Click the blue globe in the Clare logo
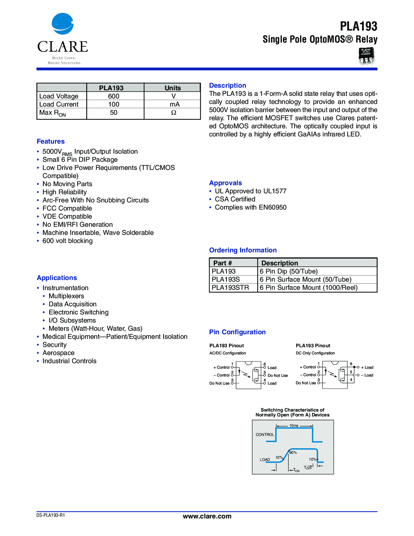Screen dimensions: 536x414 pyautogui.click(x=62, y=24)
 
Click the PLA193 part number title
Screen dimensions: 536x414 pyautogui.click(x=358, y=26)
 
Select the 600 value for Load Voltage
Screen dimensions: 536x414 pyautogui.click(x=114, y=96)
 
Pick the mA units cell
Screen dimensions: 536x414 pyautogui.click(x=174, y=104)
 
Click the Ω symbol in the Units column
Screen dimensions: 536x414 pyautogui.click(x=174, y=112)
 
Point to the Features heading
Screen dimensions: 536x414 pyautogui.click(x=51, y=141)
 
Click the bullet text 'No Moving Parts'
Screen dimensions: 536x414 pyautogui.click(x=67, y=184)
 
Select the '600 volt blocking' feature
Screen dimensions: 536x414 pyautogui.click(x=68, y=241)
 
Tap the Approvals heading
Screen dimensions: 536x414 pyautogui.click(x=225, y=183)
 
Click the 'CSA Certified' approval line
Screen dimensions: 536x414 pyautogui.click(x=235, y=199)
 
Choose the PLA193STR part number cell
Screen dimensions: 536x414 pyautogui.click(x=230, y=287)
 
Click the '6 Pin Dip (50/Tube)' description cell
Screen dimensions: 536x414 pyautogui.click(x=289, y=271)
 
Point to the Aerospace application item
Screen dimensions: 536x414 pyautogui.click(x=58, y=353)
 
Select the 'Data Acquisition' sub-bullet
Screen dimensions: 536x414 pyautogui.click(x=72, y=304)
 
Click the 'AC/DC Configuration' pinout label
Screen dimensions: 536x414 pyautogui.click(x=228, y=353)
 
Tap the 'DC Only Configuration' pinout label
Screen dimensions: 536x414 pyautogui.click(x=315, y=353)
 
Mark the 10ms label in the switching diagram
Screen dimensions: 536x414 pyautogui.click(x=294, y=426)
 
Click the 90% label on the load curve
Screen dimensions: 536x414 pyautogui.click(x=293, y=453)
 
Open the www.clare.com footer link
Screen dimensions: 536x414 pyautogui.click(x=207, y=516)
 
